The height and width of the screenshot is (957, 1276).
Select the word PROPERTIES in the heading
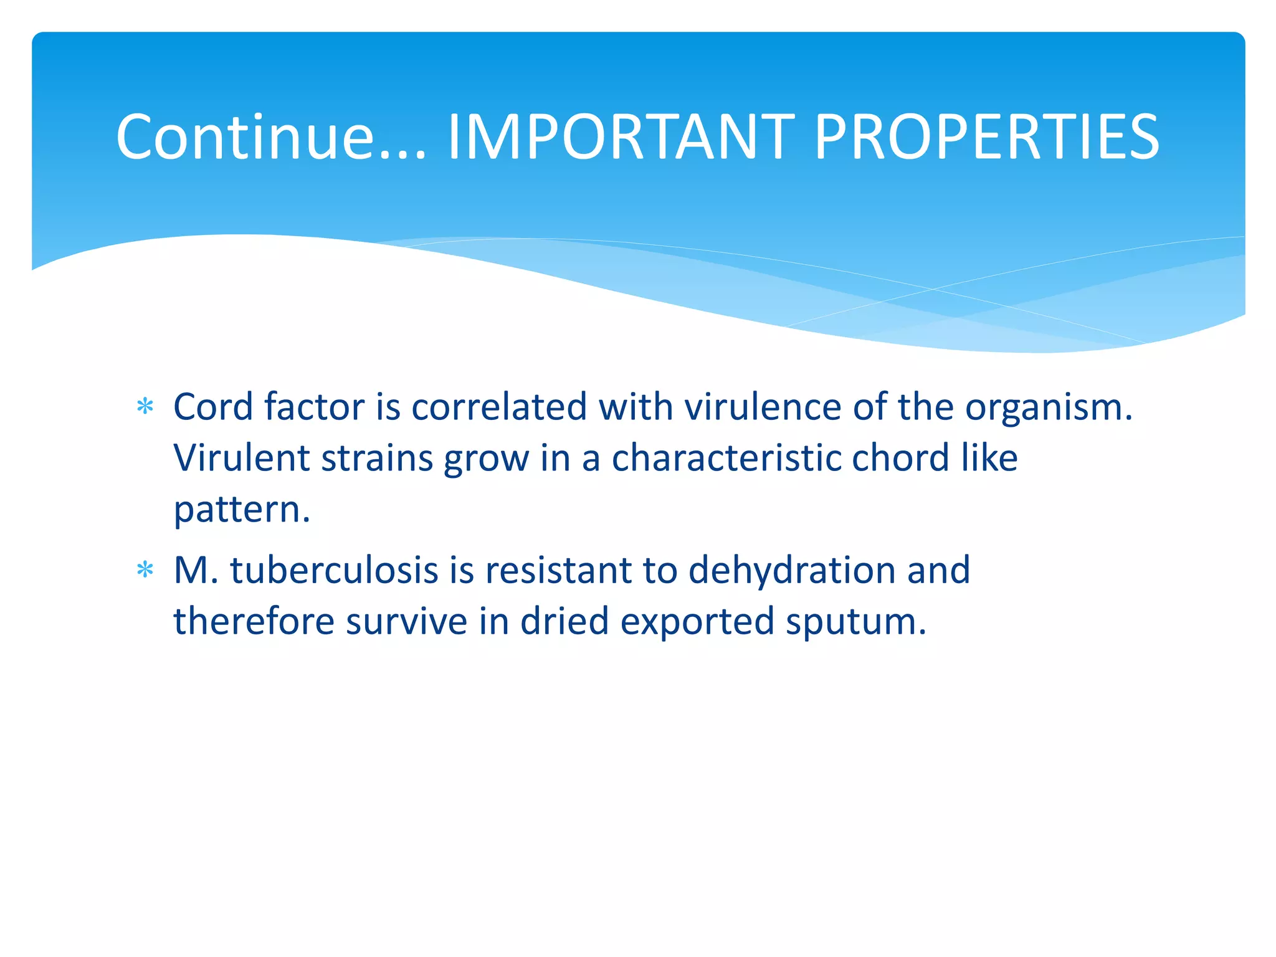pyautogui.click(x=986, y=137)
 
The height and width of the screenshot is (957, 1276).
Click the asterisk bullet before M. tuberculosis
pyautogui.click(x=145, y=570)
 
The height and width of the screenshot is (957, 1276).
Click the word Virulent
pyautogui.click(x=241, y=459)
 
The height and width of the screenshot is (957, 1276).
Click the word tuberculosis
pyautogui.click(x=334, y=571)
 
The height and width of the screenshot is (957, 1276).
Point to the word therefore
pyautogui.click(x=254, y=622)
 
